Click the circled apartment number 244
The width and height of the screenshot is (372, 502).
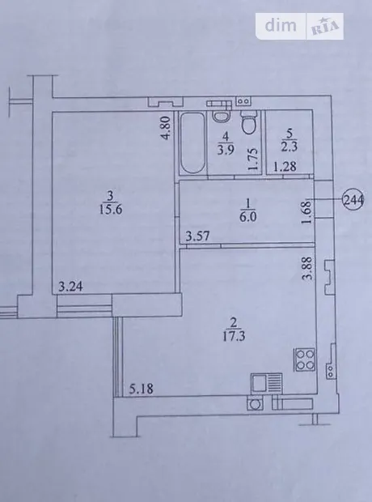(353, 199)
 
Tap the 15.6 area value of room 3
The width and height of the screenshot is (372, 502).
(110, 210)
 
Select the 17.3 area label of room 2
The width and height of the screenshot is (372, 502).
(235, 336)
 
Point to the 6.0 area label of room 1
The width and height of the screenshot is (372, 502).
(248, 217)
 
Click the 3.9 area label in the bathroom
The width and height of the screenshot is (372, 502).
(226, 150)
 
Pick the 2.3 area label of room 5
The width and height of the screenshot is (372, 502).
(290, 147)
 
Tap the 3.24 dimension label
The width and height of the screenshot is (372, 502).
(70, 286)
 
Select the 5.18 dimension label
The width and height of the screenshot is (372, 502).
(142, 389)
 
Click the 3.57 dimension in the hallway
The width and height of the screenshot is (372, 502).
(198, 236)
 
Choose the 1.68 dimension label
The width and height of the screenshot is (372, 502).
(307, 212)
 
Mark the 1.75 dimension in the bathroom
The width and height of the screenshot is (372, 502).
(252, 160)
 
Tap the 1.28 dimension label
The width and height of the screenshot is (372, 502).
(285, 167)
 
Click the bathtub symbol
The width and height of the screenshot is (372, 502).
(192, 143)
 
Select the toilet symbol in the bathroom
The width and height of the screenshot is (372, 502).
(249, 123)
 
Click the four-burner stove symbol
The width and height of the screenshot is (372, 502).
(305, 359)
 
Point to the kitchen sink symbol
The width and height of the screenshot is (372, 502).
(266, 383)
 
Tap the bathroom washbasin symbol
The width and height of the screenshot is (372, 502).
(219, 115)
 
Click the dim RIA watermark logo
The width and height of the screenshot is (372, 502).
(299, 26)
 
